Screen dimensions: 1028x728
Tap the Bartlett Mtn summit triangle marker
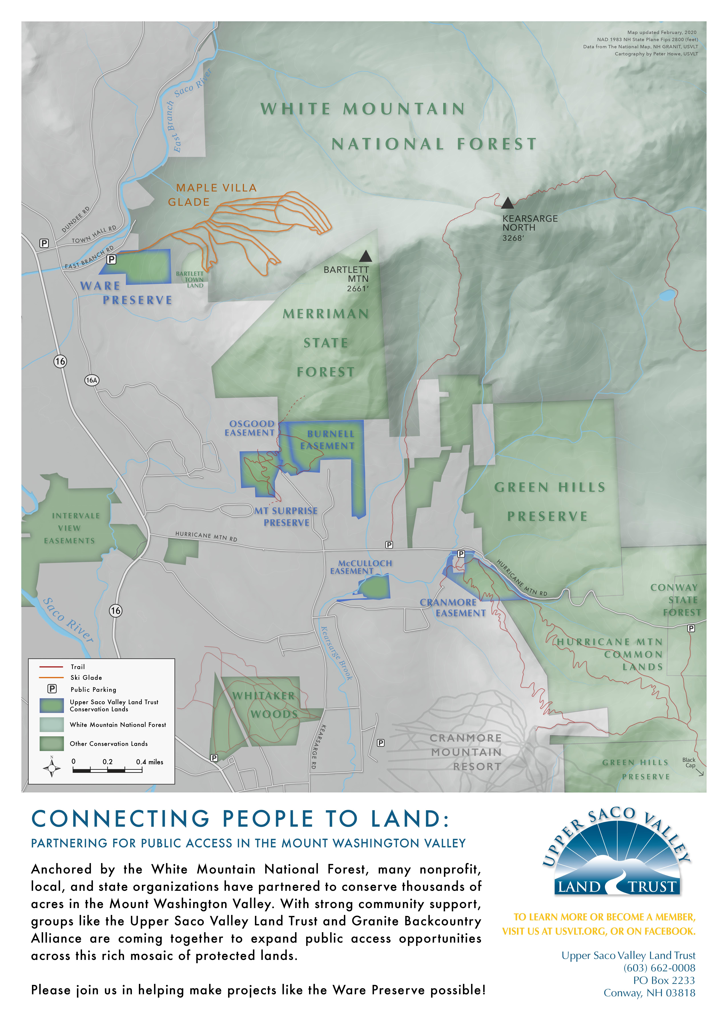point(366,256)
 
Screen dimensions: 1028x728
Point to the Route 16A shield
point(91,380)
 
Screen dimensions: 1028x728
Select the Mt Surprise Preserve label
point(286,516)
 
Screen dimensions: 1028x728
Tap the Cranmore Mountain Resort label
point(466,752)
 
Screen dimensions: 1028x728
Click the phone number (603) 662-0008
point(659,968)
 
